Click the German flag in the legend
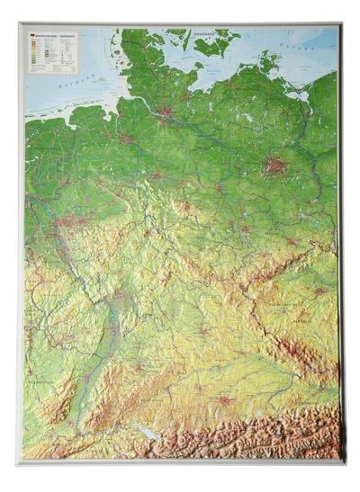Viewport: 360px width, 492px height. (x=32, y=36)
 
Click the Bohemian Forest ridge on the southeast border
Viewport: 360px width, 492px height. (x=297, y=360)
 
